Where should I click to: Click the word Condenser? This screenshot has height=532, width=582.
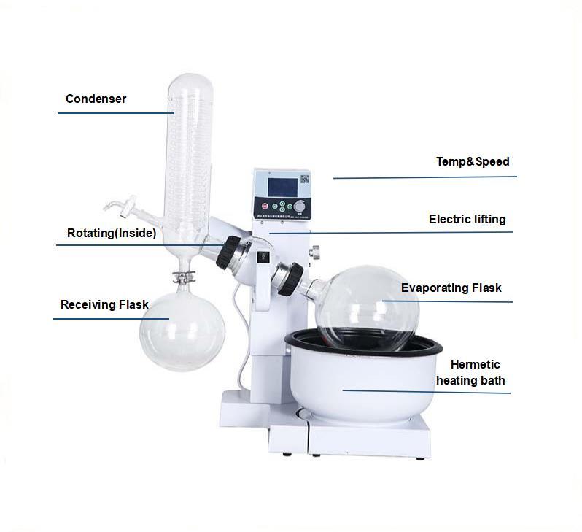(x=96, y=99)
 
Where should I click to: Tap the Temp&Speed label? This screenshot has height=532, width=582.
(x=472, y=161)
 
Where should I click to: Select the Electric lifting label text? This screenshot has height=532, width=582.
(x=467, y=219)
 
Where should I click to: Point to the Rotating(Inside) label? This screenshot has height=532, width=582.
(x=111, y=234)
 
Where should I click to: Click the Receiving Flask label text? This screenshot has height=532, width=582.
(x=104, y=304)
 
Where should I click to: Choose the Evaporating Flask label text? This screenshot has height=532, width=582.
(x=451, y=288)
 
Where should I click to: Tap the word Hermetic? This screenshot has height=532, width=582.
(x=475, y=364)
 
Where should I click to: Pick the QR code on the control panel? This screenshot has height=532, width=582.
(x=304, y=179)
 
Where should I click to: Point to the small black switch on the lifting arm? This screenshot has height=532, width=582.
(x=263, y=257)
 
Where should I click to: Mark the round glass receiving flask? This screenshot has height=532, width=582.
(x=174, y=329)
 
